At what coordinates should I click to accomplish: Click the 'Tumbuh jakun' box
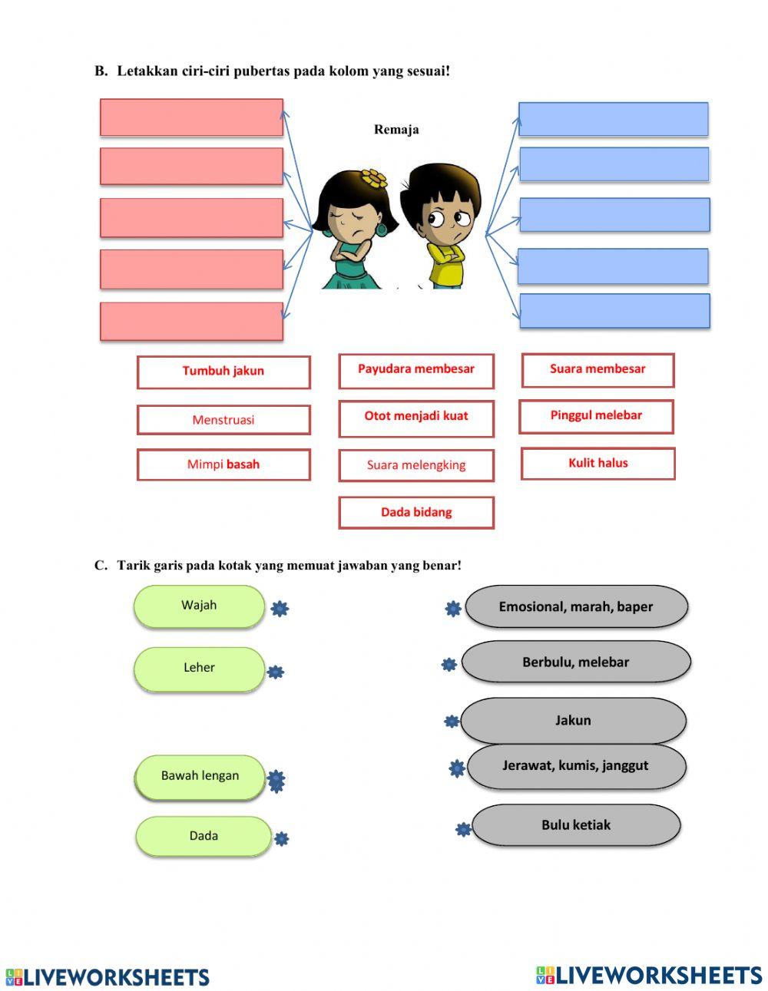(x=223, y=372)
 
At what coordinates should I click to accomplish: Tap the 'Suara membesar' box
(x=598, y=370)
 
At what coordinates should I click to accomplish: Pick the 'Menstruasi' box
(x=223, y=420)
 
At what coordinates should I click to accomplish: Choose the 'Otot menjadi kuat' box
(x=416, y=418)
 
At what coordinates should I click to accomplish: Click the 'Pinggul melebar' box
(x=596, y=416)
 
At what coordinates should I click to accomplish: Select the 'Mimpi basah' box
(x=223, y=464)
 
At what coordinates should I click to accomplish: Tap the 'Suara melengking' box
(x=416, y=465)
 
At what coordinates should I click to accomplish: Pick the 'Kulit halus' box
(x=598, y=464)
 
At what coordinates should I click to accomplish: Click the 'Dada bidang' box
(x=416, y=512)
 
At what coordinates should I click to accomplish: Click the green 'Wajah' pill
(x=199, y=606)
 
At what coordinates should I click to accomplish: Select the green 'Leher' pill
(x=199, y=669)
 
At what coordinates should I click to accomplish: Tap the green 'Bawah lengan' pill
(x=200, y=777)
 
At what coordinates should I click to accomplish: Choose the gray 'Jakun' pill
(x=573, y=721)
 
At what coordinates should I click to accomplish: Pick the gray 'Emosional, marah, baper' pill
(x=576, y=607)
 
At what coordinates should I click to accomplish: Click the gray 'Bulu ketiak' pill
(x=576, y=825)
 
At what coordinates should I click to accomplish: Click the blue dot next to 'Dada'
(x=282, y=839)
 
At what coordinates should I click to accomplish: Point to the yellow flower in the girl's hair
(x=376, y=178)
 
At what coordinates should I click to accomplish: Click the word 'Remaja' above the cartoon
(x=396, y=130)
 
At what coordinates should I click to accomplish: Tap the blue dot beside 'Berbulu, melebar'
(x=449, y=665)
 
